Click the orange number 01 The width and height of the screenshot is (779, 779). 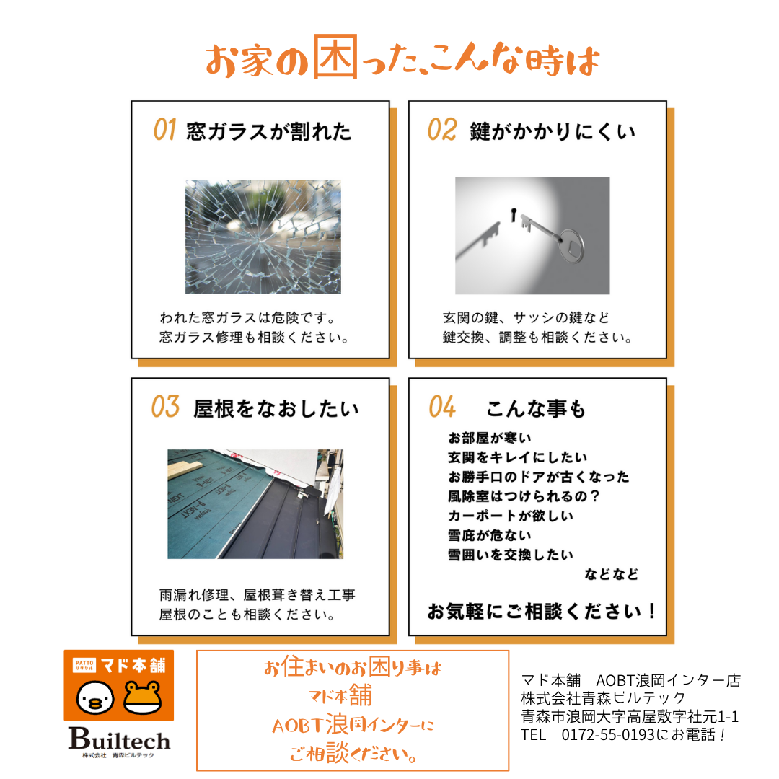click(164, 131)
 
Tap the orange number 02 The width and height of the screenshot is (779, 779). click(441, 130)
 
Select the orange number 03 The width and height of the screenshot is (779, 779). click(164, 408)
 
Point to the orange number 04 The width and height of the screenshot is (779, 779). click(441, 408)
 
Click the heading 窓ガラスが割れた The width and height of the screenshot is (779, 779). click(269, 132)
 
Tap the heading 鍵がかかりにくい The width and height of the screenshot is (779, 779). click(553, 131)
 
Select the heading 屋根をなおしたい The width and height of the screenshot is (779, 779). click(276, 409)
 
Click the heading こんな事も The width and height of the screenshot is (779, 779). click(536, 409)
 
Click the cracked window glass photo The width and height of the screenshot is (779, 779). click(263, 237)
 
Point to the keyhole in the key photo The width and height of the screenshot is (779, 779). click(514, 213)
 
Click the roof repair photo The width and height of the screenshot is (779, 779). click(255, 503)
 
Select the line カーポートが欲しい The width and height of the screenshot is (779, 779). click(500, 516)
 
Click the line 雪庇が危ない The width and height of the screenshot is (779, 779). click(490, 536)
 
